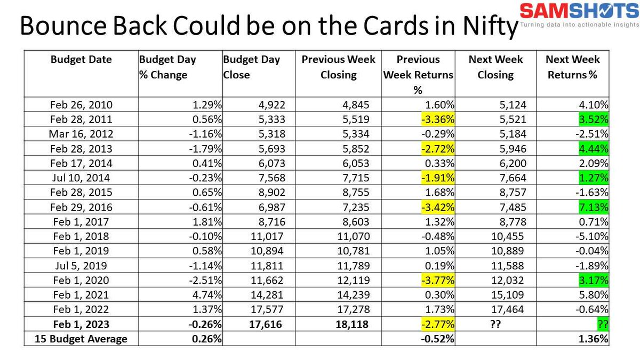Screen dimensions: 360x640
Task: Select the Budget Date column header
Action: [81, 60]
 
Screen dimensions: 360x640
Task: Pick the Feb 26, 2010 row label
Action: [81, 105]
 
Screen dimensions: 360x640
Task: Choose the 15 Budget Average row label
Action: [81, 339]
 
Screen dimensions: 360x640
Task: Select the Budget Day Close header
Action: [251, 67]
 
